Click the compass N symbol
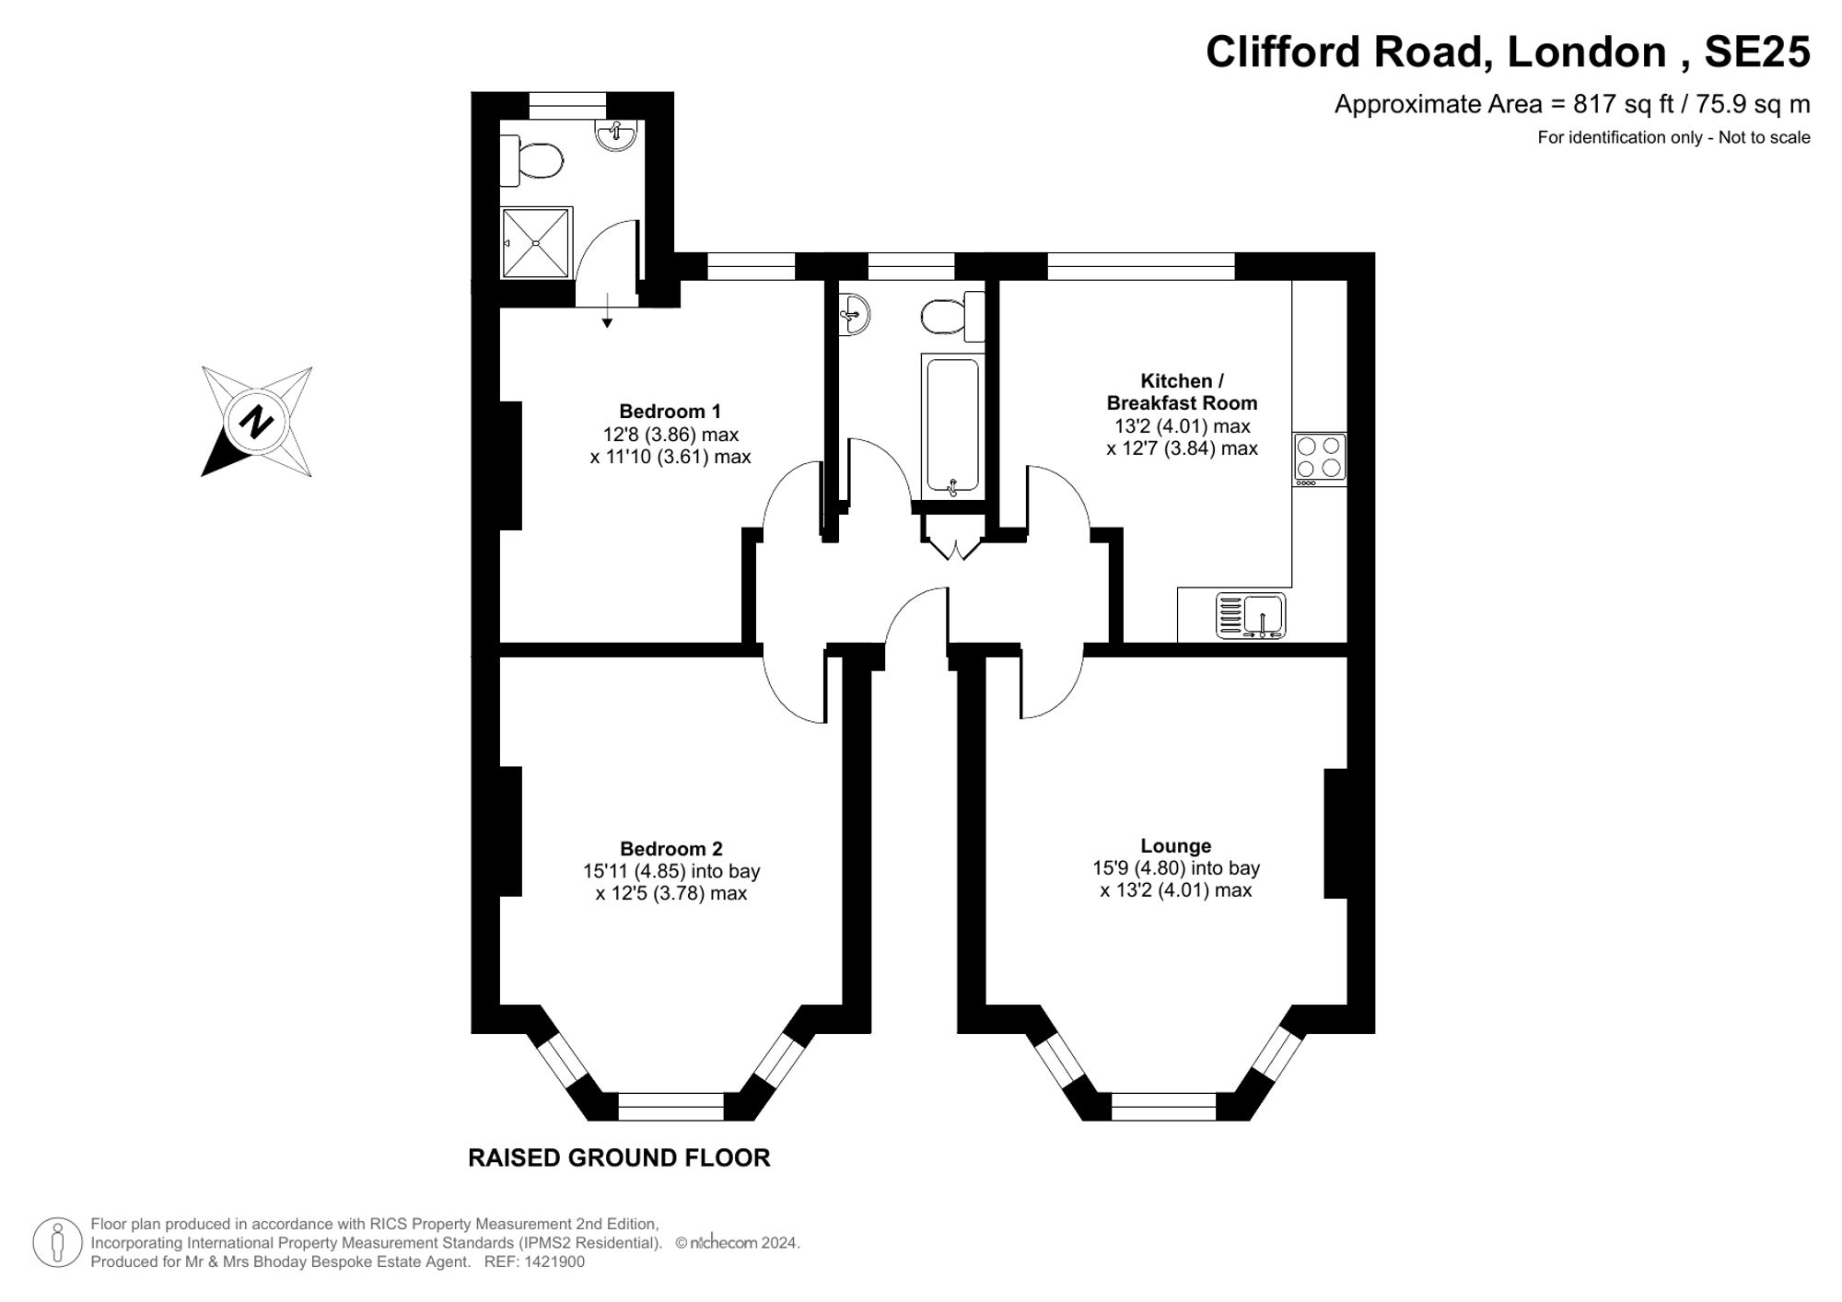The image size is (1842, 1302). click(256, 422)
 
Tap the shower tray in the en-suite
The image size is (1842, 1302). click(536, 242)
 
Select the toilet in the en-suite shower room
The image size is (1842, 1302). click(531, 160)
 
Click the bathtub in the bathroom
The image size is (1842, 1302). click(952, 426)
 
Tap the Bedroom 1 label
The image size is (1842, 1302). click(670, 411)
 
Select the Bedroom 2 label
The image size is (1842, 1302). click(671, 848)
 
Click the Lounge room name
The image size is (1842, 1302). click(1176, 845)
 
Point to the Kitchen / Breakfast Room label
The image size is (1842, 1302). click(1182, 391)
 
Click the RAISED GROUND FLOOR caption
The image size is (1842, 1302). click(619, 1157)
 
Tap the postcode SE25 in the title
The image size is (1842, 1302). click(1757, 52)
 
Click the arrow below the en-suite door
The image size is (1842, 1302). click(607, 308)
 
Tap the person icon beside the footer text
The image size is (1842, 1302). click(57, 1242)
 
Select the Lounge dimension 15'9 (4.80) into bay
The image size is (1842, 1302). click(1176, 867)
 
